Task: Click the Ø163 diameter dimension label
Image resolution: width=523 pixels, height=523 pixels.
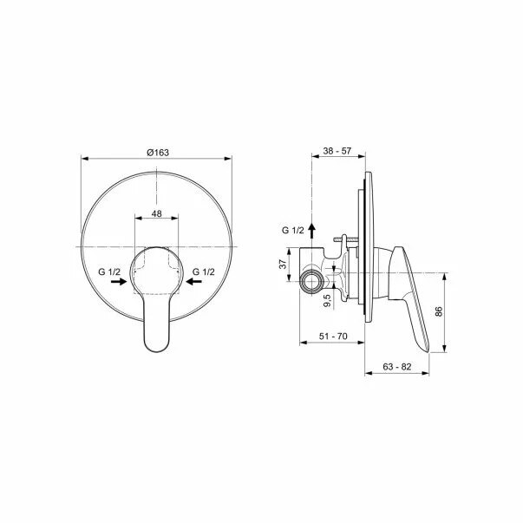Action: tap(158, 153)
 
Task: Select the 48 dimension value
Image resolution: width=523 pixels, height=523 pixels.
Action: tap(156, 213)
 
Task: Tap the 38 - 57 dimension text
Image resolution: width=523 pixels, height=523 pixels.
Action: tap(337, 151)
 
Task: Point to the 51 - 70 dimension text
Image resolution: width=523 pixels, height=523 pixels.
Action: tap(333, 337)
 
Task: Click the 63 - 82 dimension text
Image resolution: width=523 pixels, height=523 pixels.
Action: tap(397, 367)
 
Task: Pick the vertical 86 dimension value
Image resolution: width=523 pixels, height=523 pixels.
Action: tap(439, 311)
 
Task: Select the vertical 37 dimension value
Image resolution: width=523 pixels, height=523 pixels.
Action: tap(283, 265)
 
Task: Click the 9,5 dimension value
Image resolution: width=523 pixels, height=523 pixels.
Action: tap(327, 300)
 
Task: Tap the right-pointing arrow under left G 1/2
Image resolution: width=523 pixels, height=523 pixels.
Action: tap(119, 282)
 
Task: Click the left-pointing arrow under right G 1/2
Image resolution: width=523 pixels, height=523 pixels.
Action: tap(193, 282)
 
